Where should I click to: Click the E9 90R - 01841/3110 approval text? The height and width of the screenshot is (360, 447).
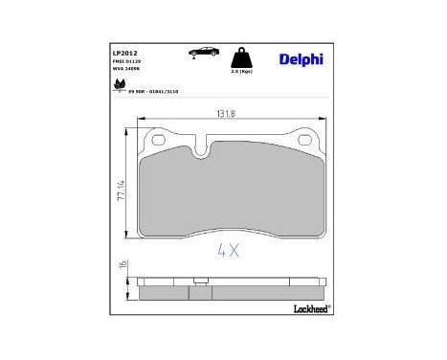[147, 91]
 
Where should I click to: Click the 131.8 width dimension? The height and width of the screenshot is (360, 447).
[225, 114]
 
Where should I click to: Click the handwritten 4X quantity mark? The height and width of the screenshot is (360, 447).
[227, 252]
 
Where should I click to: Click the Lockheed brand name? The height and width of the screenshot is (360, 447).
[308, 309]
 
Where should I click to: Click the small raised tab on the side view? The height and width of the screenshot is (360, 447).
[196, 281]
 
